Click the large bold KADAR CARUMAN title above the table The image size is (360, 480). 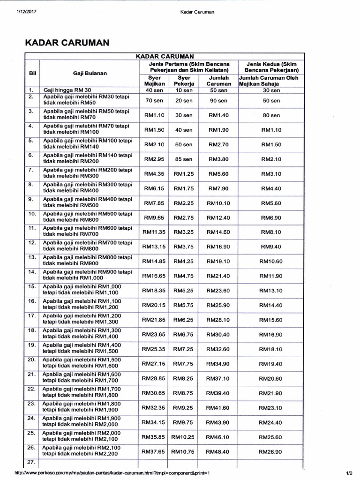[67, 43]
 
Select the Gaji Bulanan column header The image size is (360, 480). [90, 73]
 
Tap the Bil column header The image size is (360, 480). [32, 73]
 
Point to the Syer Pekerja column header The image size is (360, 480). [184, 80]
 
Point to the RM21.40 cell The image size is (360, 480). [218, 276]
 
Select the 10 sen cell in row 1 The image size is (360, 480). [184, 90]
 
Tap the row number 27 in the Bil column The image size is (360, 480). [32, 462]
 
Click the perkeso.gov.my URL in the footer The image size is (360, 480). [113, 473]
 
